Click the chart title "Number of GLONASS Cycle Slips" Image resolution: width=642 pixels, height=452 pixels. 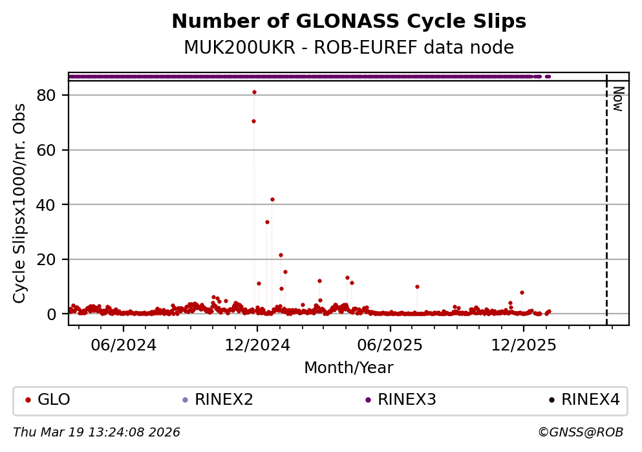tap(348, 22)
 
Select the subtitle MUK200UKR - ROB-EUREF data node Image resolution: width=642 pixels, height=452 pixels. tap(348, 48)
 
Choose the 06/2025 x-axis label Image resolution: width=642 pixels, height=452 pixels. tap(390, 345)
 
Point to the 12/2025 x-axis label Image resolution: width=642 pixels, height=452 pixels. tap(524, 345)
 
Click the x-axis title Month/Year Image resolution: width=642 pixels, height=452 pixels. tap(348, 368)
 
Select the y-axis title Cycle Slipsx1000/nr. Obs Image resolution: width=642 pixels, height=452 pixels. tap(20, 203)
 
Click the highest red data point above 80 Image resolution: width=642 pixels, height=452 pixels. tap(254, 92)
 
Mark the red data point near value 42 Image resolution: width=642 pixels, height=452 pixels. tap(272, 199)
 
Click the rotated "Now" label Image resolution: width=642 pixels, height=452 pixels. tap(617, 99)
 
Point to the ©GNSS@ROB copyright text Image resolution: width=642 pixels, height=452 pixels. tap(580, 432)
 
